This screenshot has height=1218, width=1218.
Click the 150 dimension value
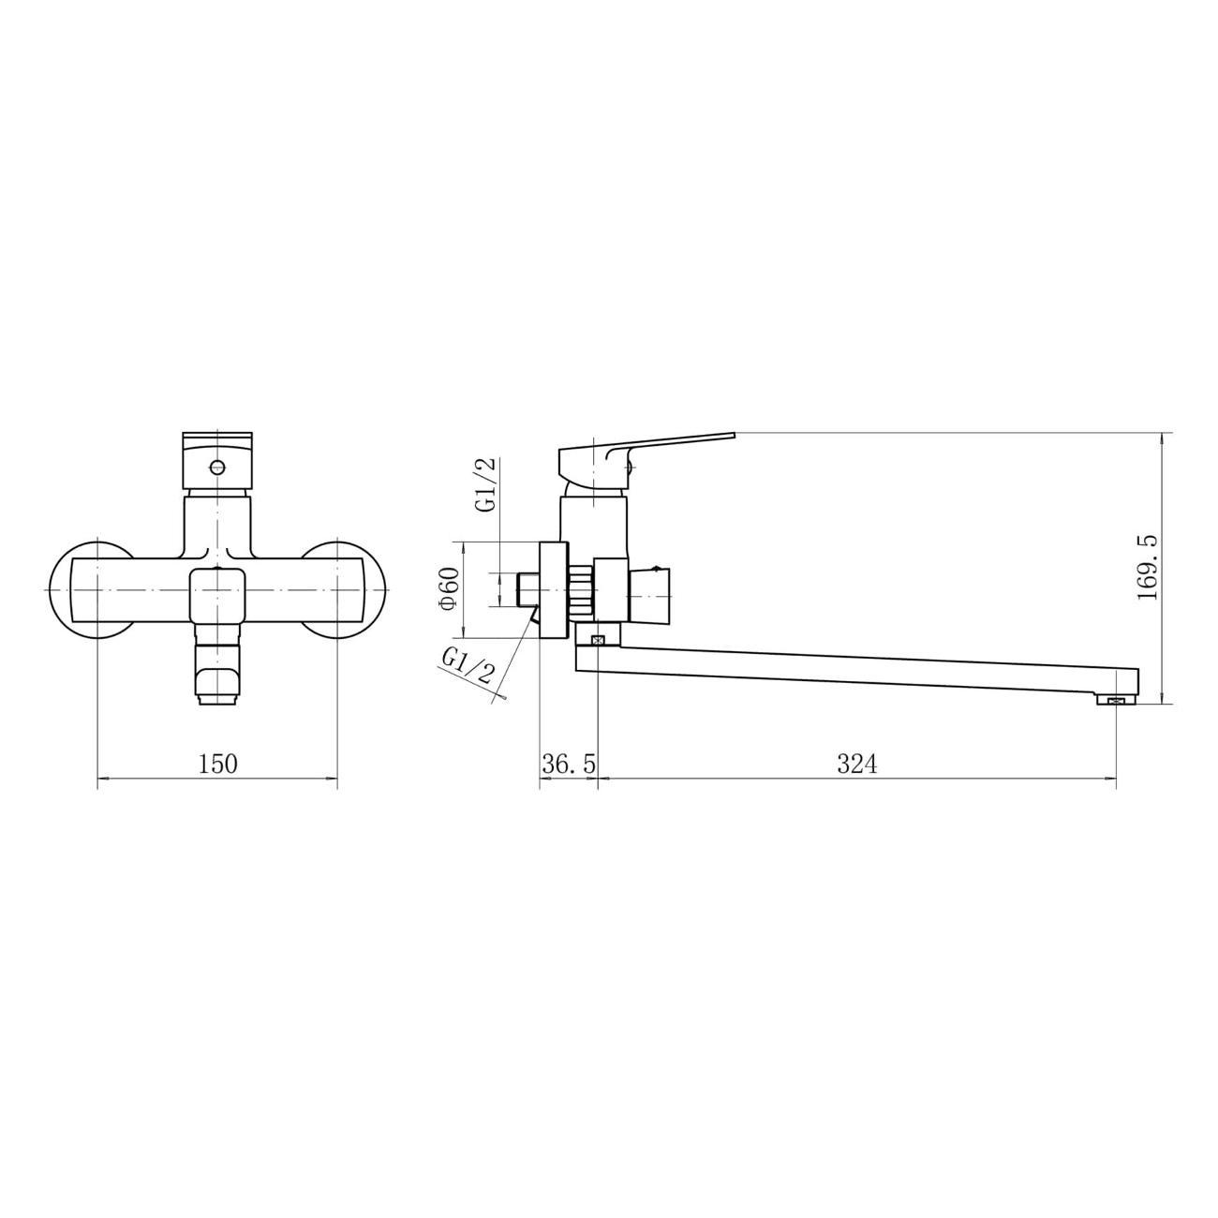click(x=217, y=764)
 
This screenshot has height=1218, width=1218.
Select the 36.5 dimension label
click(x=568, y=765)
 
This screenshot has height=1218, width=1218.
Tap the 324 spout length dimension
click(x=856, y=765)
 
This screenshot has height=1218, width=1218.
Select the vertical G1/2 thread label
click(x=485, y=485)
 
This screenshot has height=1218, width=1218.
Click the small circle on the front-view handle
click(x=217, y=467)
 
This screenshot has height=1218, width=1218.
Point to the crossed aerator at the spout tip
click(x=1115, y=699)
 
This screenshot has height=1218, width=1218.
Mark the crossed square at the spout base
click(x=598, y=640)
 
